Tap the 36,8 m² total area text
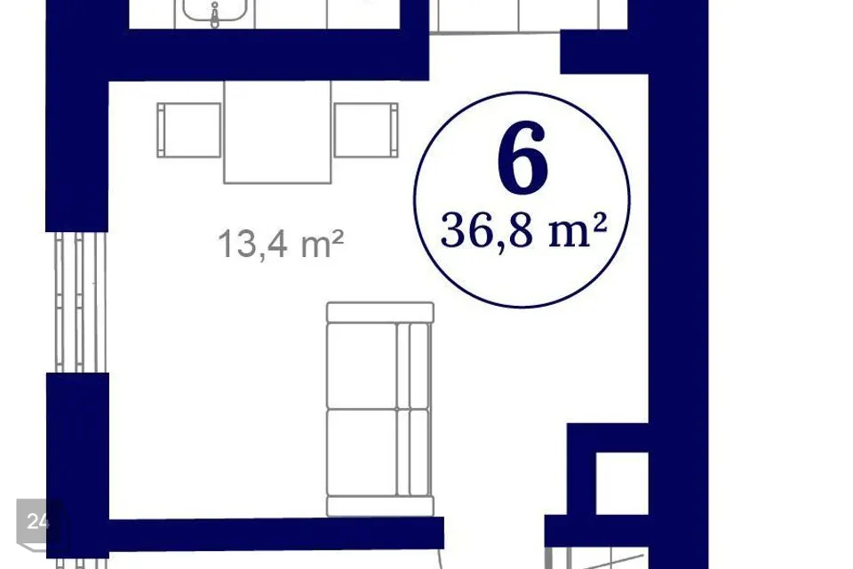point(524,230)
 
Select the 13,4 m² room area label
point(281,244)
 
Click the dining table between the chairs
point(277,132)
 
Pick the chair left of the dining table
point(188,130)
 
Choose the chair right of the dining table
point(366,130)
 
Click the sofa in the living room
point(380,409)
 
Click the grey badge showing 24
point(38,522)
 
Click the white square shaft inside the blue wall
point(622,483)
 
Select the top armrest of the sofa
point(380,313)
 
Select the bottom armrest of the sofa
point(380,506)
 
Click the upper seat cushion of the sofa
point(362,365)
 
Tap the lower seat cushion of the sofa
point(362,453)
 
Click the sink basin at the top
point(215,10)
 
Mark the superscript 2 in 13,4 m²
point(338,238)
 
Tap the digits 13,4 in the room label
point(252,244)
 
